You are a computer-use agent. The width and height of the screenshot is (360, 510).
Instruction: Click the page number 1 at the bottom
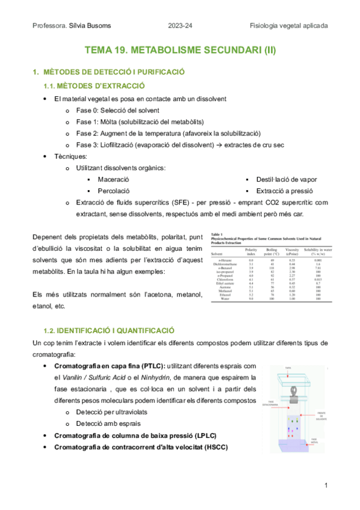tap(325, 485)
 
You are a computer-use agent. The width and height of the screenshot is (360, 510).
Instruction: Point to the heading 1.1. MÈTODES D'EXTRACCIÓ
tap(94, 86)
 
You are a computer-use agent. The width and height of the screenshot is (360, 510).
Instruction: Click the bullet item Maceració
tap(113, 179)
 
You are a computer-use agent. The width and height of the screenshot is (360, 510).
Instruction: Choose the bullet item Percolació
tap(112, 191)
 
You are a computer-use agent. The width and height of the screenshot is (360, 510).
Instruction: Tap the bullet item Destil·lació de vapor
tap(287, 179)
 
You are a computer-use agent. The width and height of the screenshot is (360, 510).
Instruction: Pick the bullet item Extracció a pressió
tap(282, 191)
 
